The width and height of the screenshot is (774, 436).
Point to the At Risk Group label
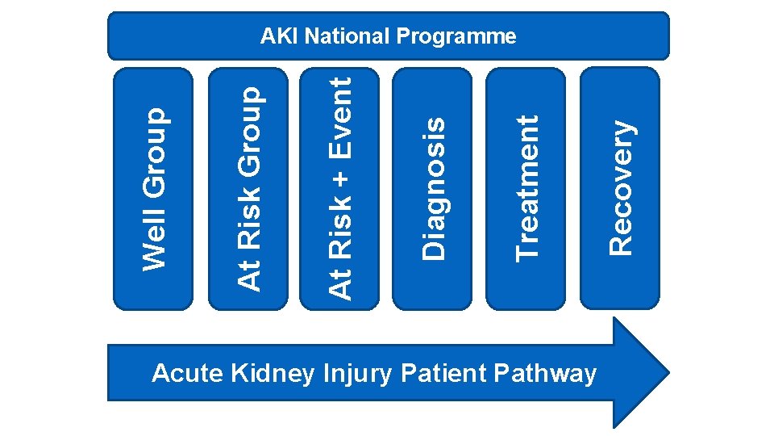point(249,188)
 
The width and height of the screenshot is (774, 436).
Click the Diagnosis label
point(434,188)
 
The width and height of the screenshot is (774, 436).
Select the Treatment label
point(527,188)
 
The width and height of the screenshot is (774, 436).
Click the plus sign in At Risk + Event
point(343,178)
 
